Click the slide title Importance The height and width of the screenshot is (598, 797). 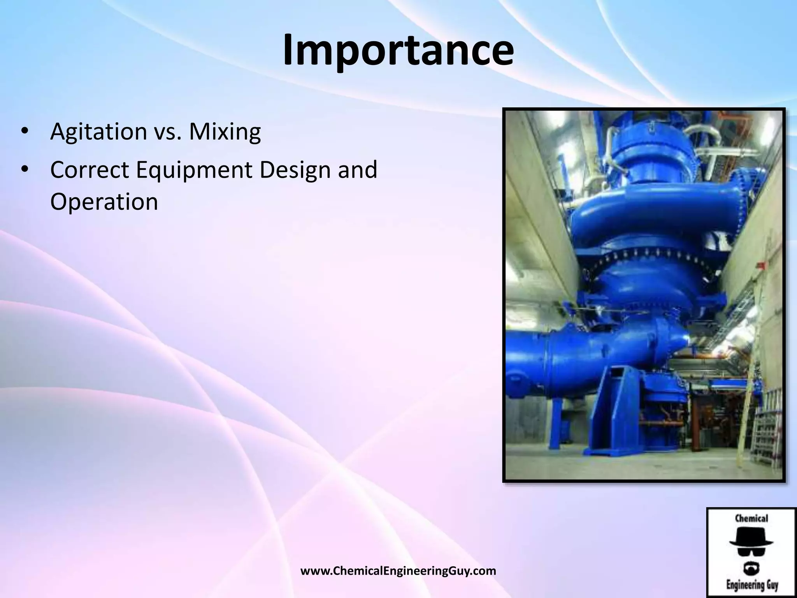coord(398,51)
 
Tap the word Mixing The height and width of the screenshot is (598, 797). coord(225,132)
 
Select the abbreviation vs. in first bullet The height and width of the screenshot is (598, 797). coord(168,132)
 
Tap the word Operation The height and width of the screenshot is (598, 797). coord(104,202)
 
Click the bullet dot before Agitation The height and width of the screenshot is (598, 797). coord(24,132)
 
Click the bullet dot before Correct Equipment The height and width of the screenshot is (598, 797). coord(24,170)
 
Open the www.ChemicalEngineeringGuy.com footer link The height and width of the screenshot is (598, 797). coord(398,571)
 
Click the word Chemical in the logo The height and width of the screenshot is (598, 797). coord(751,518)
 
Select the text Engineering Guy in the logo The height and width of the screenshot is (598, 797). coord(751,585)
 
